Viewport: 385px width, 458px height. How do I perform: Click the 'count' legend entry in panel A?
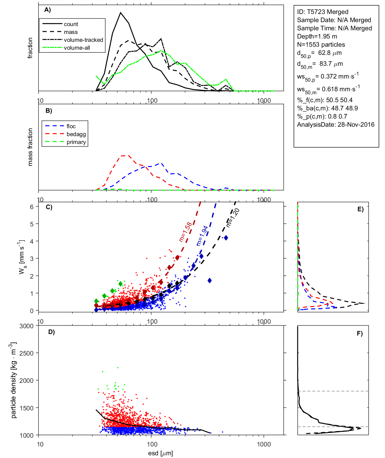[71, 24]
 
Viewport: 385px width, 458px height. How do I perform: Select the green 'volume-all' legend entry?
[77, 48]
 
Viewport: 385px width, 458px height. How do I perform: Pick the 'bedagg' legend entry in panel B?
[76, 134]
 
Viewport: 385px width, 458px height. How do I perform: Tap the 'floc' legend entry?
[71, 126]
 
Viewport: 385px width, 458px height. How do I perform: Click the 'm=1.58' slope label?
[185, 232]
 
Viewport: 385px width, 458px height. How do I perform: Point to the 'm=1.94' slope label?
[202, 236]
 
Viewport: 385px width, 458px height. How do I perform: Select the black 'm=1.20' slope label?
[233, 218]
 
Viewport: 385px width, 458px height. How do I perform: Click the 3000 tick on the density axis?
[26, 326]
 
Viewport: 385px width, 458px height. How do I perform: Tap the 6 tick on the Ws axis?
[32, 207]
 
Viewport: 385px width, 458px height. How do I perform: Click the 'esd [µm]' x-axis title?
[160, 453]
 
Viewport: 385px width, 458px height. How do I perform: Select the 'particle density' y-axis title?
[13, 380]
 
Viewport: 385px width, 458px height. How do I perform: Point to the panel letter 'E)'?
[360, 209]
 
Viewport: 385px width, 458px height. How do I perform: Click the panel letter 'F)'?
[360, 334]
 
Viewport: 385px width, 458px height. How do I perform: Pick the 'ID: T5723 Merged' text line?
[323, 12]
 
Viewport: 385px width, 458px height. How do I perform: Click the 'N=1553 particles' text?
[321, 45]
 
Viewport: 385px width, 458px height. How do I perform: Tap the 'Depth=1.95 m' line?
[317, 36]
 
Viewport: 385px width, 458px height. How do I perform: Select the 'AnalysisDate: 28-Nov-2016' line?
[336, 125]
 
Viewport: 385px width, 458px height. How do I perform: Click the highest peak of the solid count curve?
[121, 13]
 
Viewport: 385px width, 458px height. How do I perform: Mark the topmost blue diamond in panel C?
[226, 238]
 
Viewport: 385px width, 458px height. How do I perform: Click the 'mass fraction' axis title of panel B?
[30, 147]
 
